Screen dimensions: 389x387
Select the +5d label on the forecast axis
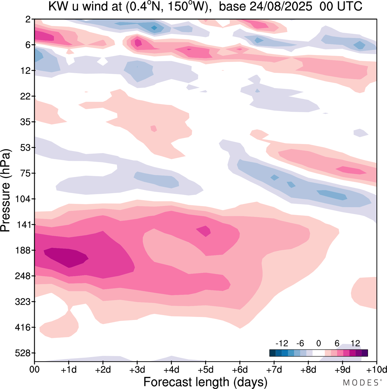point(206,370)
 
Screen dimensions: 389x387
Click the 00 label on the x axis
point(35,370)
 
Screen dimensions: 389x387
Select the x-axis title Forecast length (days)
point(205,382)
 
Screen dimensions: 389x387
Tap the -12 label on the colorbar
point(282,343)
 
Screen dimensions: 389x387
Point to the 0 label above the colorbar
point(318,343)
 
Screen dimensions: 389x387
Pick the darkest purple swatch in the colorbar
point(365,353)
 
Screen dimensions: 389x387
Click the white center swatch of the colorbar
point(318,353)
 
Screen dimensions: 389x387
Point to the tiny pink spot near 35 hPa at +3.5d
point(154,129)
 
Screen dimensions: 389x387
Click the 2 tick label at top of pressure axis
point(28,20)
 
